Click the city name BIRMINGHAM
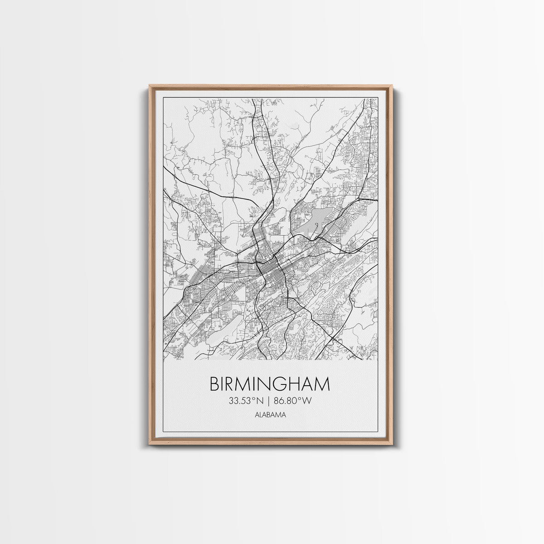coord(269,384)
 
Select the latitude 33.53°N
coord(248,400)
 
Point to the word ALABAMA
coord(270,414)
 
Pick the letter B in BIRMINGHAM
coord(214,384)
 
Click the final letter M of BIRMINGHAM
coord(323,384)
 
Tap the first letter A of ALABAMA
coord(257,414)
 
